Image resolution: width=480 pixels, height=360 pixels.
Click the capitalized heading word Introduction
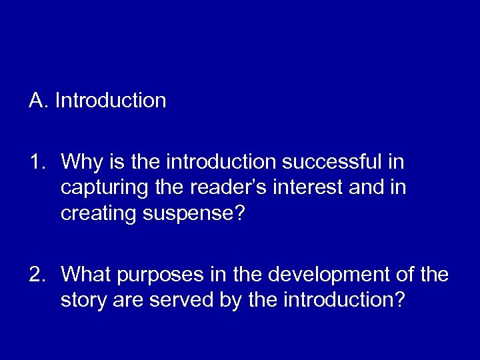(x=111, y=101)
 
